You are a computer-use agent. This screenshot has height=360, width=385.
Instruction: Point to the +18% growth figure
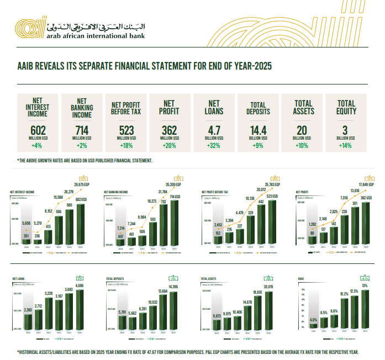click(x=127, y=146)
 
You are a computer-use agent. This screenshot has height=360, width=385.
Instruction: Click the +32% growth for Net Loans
click(x=214, y=146)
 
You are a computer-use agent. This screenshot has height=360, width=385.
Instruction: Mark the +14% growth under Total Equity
click(x=346, y=146)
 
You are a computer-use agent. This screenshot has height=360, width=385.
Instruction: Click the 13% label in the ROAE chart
click(x=365, y=285)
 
